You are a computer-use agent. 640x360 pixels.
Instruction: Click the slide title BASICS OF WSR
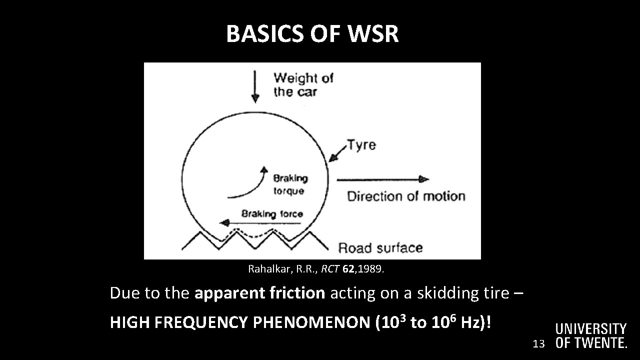(312, 34)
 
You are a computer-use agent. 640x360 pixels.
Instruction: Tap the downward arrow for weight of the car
(255, 86)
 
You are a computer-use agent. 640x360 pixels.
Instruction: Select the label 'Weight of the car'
(303, 84)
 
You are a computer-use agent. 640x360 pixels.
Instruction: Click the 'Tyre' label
(362, 145)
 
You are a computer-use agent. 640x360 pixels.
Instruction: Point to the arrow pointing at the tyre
(337, 152)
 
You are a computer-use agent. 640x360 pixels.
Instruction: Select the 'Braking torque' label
(290, 184)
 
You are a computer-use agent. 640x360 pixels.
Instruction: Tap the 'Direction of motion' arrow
(382, 179)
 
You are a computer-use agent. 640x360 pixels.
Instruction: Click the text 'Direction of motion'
(406, 196)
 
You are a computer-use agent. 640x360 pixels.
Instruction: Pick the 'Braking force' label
(272, 213)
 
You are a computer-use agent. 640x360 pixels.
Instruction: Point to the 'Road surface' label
(380, 247)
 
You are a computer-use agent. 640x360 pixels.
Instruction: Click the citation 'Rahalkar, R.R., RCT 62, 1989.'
(316, 269)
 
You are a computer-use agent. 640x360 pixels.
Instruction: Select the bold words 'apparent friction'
(259, 293)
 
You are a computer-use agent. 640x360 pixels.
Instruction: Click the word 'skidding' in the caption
(447, 293)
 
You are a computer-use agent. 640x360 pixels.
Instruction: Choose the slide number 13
(538, 343)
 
